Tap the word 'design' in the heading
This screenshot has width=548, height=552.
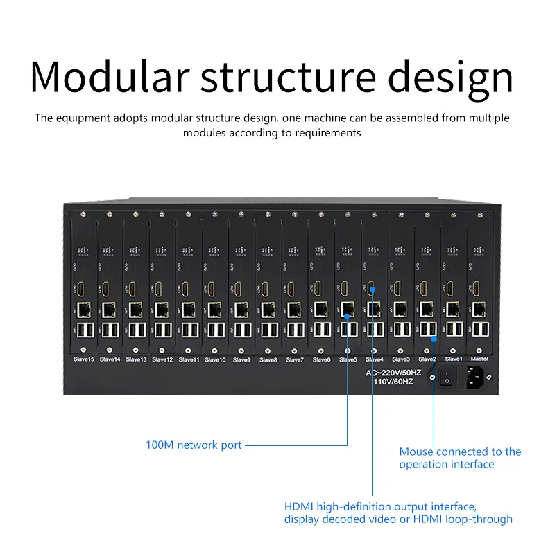[x=450, y=78]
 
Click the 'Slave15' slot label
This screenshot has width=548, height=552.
[x=83, y=359]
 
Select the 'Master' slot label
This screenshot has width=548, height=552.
[x=479, y=359]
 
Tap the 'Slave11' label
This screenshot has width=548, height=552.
[x=189, y=359]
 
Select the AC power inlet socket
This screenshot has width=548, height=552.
[x=476, y=379]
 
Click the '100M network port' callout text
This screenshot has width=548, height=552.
[x=194, y=445]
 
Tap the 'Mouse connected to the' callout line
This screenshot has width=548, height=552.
[x=460, y=452]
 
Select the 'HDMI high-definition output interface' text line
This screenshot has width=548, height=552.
[x=380, y=506]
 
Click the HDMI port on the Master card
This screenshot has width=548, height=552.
[x=479, y=288]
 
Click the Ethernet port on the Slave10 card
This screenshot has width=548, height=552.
[x=215, y=308]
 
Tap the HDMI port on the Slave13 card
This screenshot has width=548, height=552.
[x=135, y=288]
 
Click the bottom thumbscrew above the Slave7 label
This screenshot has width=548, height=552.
[x=294, y=348]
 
